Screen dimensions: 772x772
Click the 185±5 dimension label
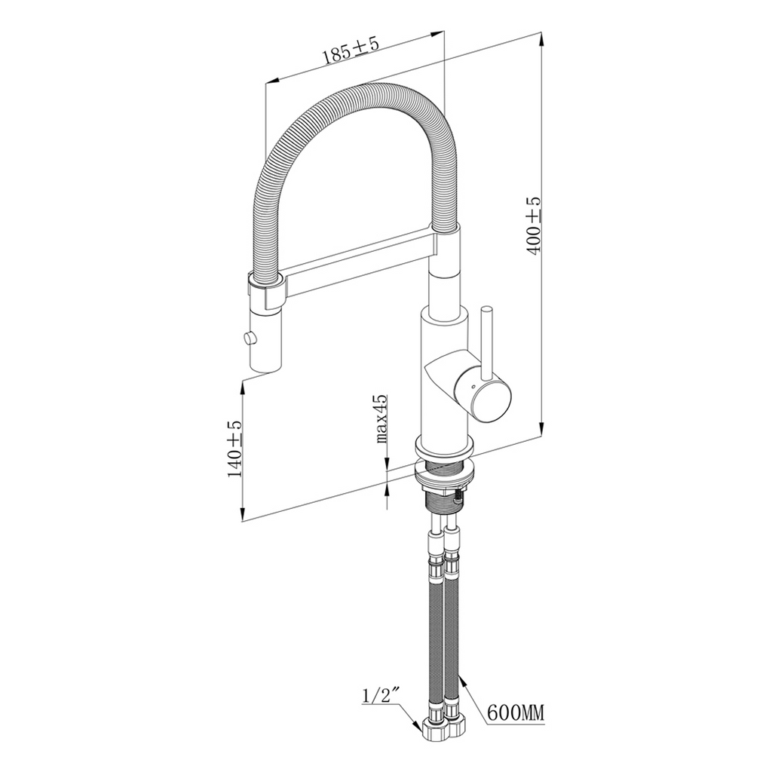tap(351, 51)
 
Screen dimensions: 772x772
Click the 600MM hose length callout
tap(516, 712)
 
